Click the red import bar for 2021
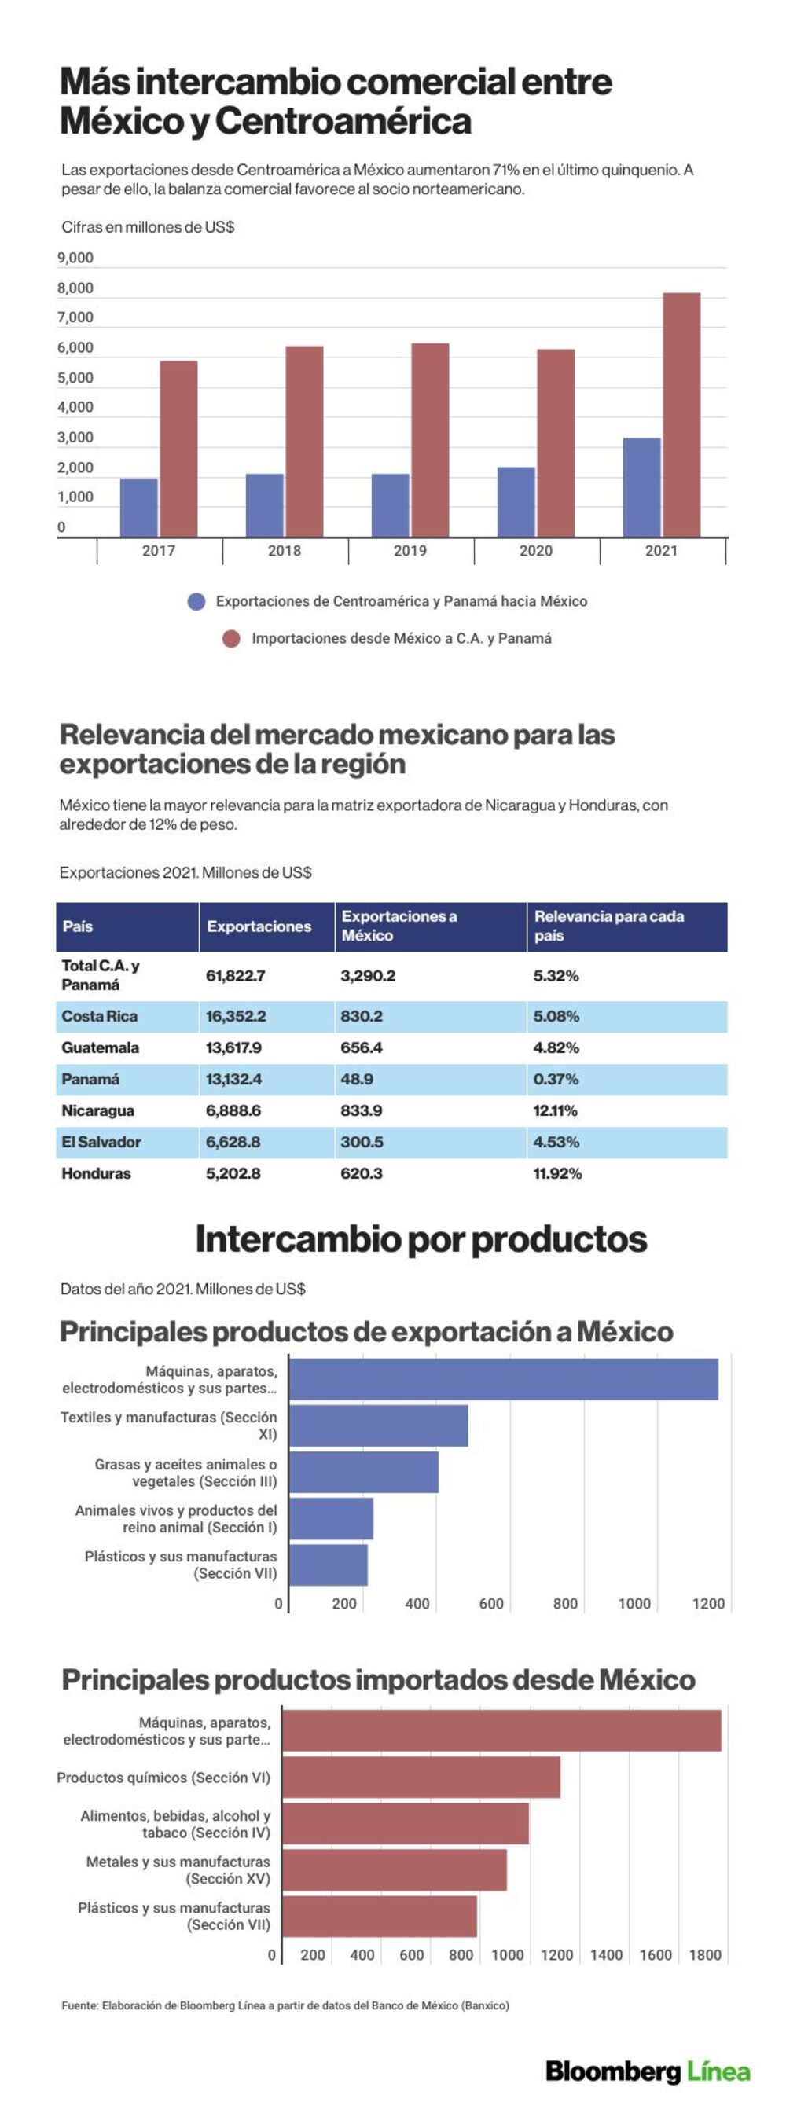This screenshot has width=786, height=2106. [681, 414]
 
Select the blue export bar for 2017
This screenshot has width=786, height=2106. [139, 508]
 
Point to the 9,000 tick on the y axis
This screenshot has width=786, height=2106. [75, 259]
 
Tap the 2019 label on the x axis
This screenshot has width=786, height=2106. [410, 551]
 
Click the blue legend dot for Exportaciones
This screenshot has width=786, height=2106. [196, 602]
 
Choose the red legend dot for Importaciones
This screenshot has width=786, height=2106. [231, 639]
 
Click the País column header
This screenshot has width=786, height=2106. [78, 926]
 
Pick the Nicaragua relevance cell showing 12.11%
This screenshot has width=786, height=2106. [556, 1110]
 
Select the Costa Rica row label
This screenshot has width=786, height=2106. [100, 1016]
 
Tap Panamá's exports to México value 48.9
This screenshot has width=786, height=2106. [357, 1079]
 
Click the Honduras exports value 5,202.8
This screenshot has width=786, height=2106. [233, 1173]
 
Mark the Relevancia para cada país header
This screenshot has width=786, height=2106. [609, 926]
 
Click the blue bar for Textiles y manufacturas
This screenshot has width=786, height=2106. [379, 1425]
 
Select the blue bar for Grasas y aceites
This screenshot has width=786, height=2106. [364, 1473]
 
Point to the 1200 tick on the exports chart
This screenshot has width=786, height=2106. [708, 1603]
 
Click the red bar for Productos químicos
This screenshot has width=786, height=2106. [421, 1778]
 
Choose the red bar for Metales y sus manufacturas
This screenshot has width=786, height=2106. [395, 1870]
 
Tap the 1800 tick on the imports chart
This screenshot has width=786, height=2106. [705, 1955]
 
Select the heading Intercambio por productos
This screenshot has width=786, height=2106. [421, 1239]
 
